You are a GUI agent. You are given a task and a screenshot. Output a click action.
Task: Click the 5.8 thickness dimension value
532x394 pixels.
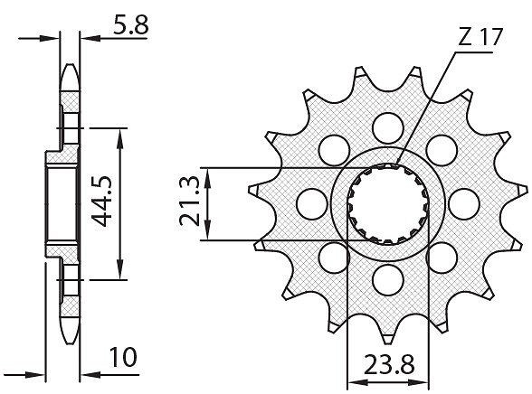[x=130, y=24]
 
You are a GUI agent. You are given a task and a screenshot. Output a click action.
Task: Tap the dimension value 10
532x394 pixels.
[x=123, y=358]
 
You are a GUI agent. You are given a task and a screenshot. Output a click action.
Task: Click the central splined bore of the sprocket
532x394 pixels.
[x=388, y=204]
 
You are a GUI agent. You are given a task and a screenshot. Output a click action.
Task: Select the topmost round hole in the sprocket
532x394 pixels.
[x=388, y=127]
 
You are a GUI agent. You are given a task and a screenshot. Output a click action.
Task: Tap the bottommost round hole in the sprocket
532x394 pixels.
[x=388, y=279]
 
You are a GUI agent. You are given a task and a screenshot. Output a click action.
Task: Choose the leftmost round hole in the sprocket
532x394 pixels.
[x=312, y=203]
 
